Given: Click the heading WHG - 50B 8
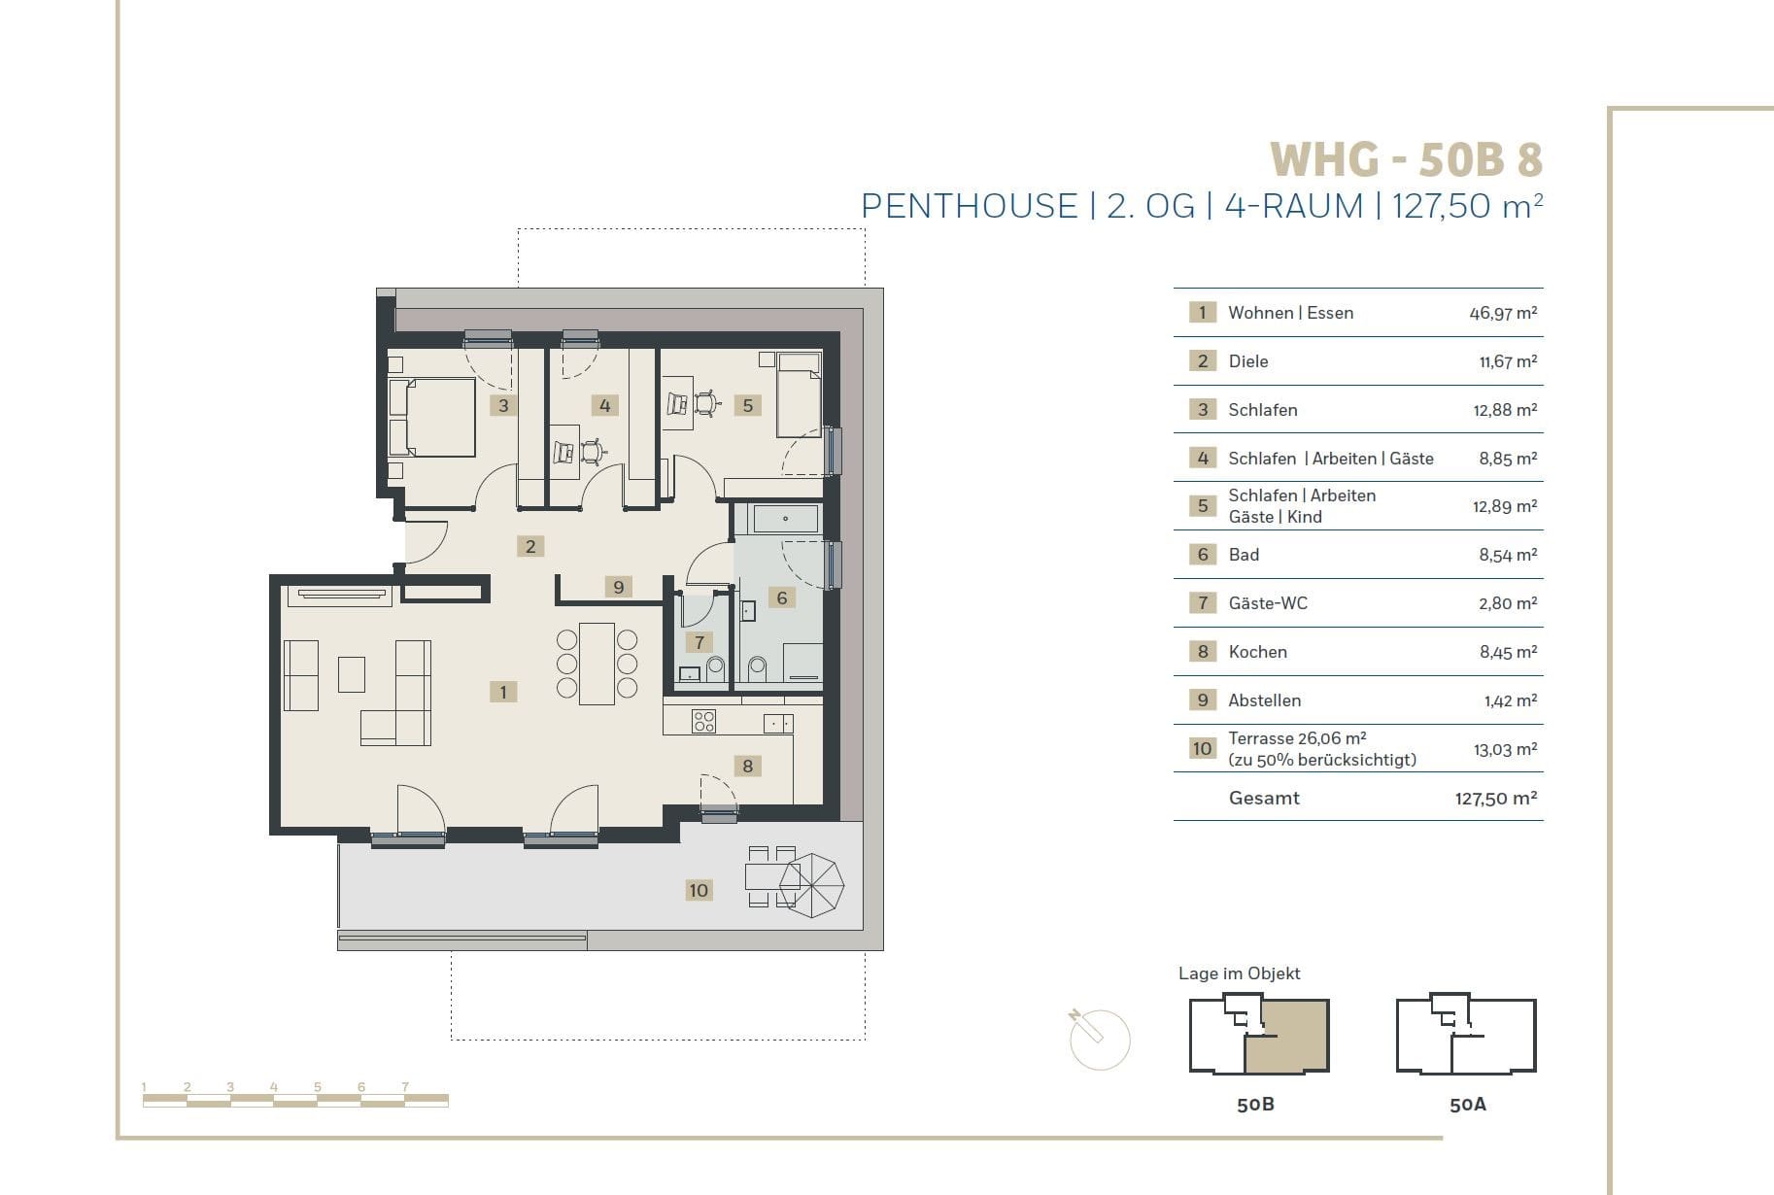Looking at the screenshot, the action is (x=1406, y=159).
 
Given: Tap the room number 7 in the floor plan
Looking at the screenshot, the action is (x=699, y=641).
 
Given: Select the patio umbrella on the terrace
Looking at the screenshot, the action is (x=812, y=885).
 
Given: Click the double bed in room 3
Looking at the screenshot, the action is (x=432, y=418).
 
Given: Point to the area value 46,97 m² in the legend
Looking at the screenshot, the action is (x=1503, y=313).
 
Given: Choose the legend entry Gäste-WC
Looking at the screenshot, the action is (x=1268, y=603).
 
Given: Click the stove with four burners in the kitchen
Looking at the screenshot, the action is (x=703, y=721).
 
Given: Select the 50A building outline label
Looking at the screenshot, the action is (x=1467, y=1105).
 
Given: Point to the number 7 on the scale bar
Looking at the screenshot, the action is (x=405, y=1087).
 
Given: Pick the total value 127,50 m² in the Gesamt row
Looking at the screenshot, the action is (x=1496, y=799).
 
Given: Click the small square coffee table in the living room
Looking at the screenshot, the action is (x=352, y=674).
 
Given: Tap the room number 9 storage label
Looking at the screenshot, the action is (x=618, y=587).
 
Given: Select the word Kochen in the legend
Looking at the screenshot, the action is (x=1258, y=652).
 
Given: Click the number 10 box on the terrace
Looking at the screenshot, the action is (x=699, y=890).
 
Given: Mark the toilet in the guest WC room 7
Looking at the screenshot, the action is (x=717, y=668).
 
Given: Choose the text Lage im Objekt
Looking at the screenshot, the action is (x=1239, y=973).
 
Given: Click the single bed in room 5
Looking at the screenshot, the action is (x=799, y=395).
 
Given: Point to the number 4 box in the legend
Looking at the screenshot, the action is (x=1203, y=458).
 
